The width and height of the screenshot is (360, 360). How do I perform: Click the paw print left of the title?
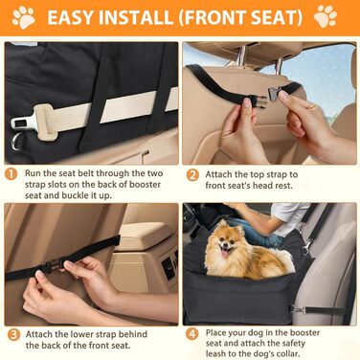click(24, 17)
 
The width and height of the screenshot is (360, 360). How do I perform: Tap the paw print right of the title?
click(326, 16)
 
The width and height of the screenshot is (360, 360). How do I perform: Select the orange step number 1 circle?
click(11, 174)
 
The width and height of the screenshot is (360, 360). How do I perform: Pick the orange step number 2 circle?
click(192, 175)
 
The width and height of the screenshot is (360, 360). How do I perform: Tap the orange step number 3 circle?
click(13, 335)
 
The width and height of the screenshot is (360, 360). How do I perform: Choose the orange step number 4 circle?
click(191, 334)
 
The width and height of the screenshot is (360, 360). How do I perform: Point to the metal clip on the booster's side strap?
click(297, 309)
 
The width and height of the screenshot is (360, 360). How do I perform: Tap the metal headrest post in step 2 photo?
click(243, 55)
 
